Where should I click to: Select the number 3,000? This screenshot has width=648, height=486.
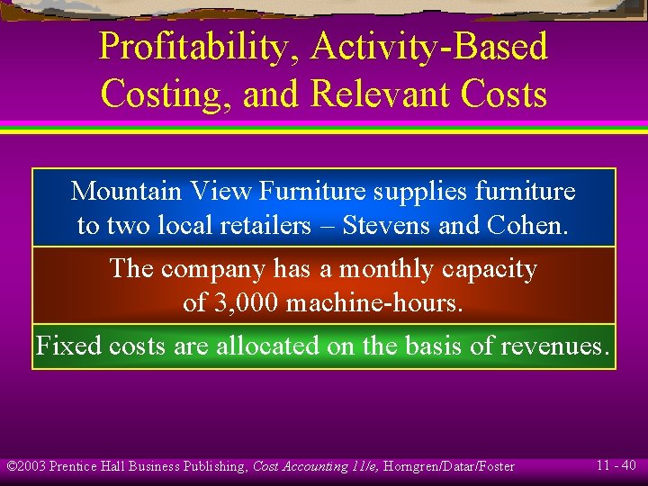(x=249, y=303)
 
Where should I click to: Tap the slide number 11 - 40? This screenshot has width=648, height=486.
(x=616, y=465)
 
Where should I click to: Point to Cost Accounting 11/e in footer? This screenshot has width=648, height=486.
(x=311, y=466)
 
